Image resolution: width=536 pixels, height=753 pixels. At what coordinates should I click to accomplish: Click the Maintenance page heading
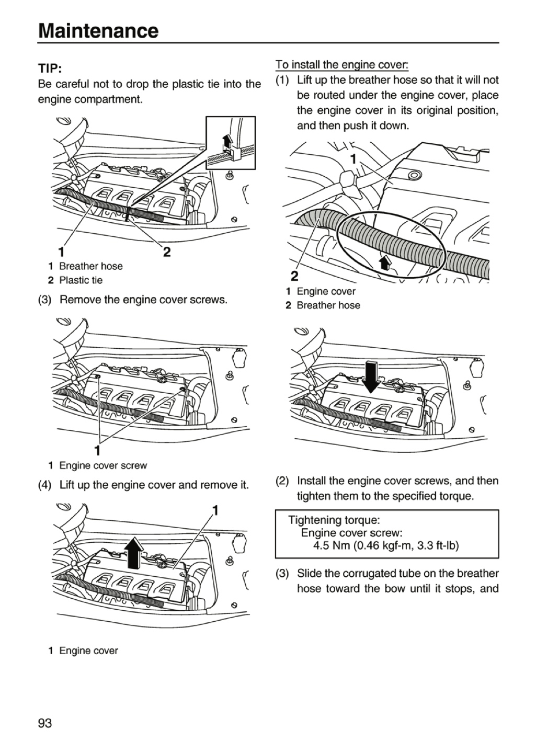[98, 31]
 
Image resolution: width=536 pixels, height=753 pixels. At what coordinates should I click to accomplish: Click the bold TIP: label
[50, 69]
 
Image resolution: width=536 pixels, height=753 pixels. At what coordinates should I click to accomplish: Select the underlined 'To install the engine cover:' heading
[341, 64]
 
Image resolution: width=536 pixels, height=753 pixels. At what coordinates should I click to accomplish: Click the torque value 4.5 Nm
[331, 545]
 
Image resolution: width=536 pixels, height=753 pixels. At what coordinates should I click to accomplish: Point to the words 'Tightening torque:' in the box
[334, 520]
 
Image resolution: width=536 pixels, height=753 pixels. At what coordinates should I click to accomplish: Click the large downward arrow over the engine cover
[371, 376]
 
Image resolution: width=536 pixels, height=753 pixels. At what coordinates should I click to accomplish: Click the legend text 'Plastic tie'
[81, 280]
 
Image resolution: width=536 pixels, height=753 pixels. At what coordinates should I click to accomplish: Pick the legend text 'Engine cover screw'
[103, 465]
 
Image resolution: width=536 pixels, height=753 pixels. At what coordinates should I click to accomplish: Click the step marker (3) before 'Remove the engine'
[45, 300]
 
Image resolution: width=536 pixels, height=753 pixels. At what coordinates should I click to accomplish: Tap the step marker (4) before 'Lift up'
[45, 485]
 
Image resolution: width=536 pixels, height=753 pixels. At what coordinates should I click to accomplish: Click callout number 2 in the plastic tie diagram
[167, 252]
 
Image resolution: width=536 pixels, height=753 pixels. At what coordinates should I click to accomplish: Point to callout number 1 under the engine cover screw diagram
[97, 450]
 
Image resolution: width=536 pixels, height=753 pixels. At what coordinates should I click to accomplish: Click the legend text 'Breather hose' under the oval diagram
[328, 305]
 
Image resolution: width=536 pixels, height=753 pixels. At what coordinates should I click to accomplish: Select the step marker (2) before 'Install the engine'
[282, 481]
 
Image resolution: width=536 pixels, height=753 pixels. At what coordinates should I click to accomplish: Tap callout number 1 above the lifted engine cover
[215, 510]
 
